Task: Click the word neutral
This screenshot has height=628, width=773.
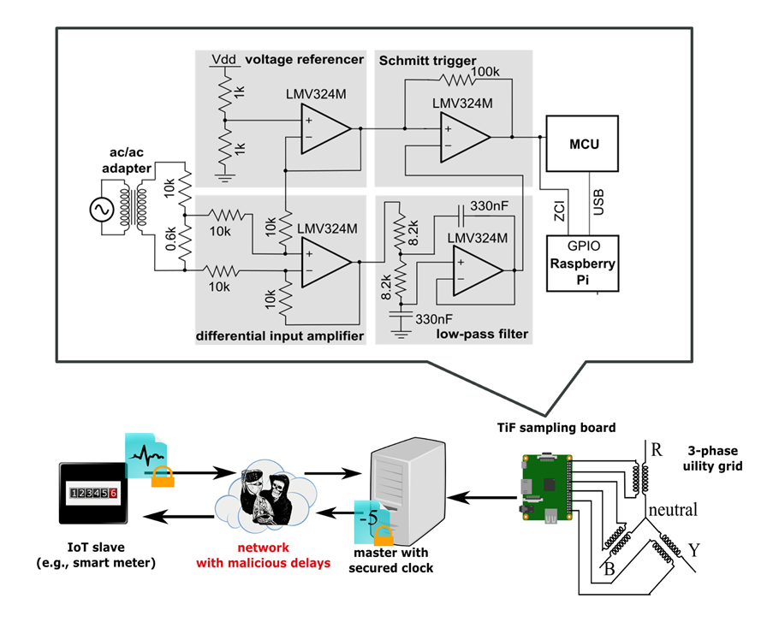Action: [673, 510]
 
